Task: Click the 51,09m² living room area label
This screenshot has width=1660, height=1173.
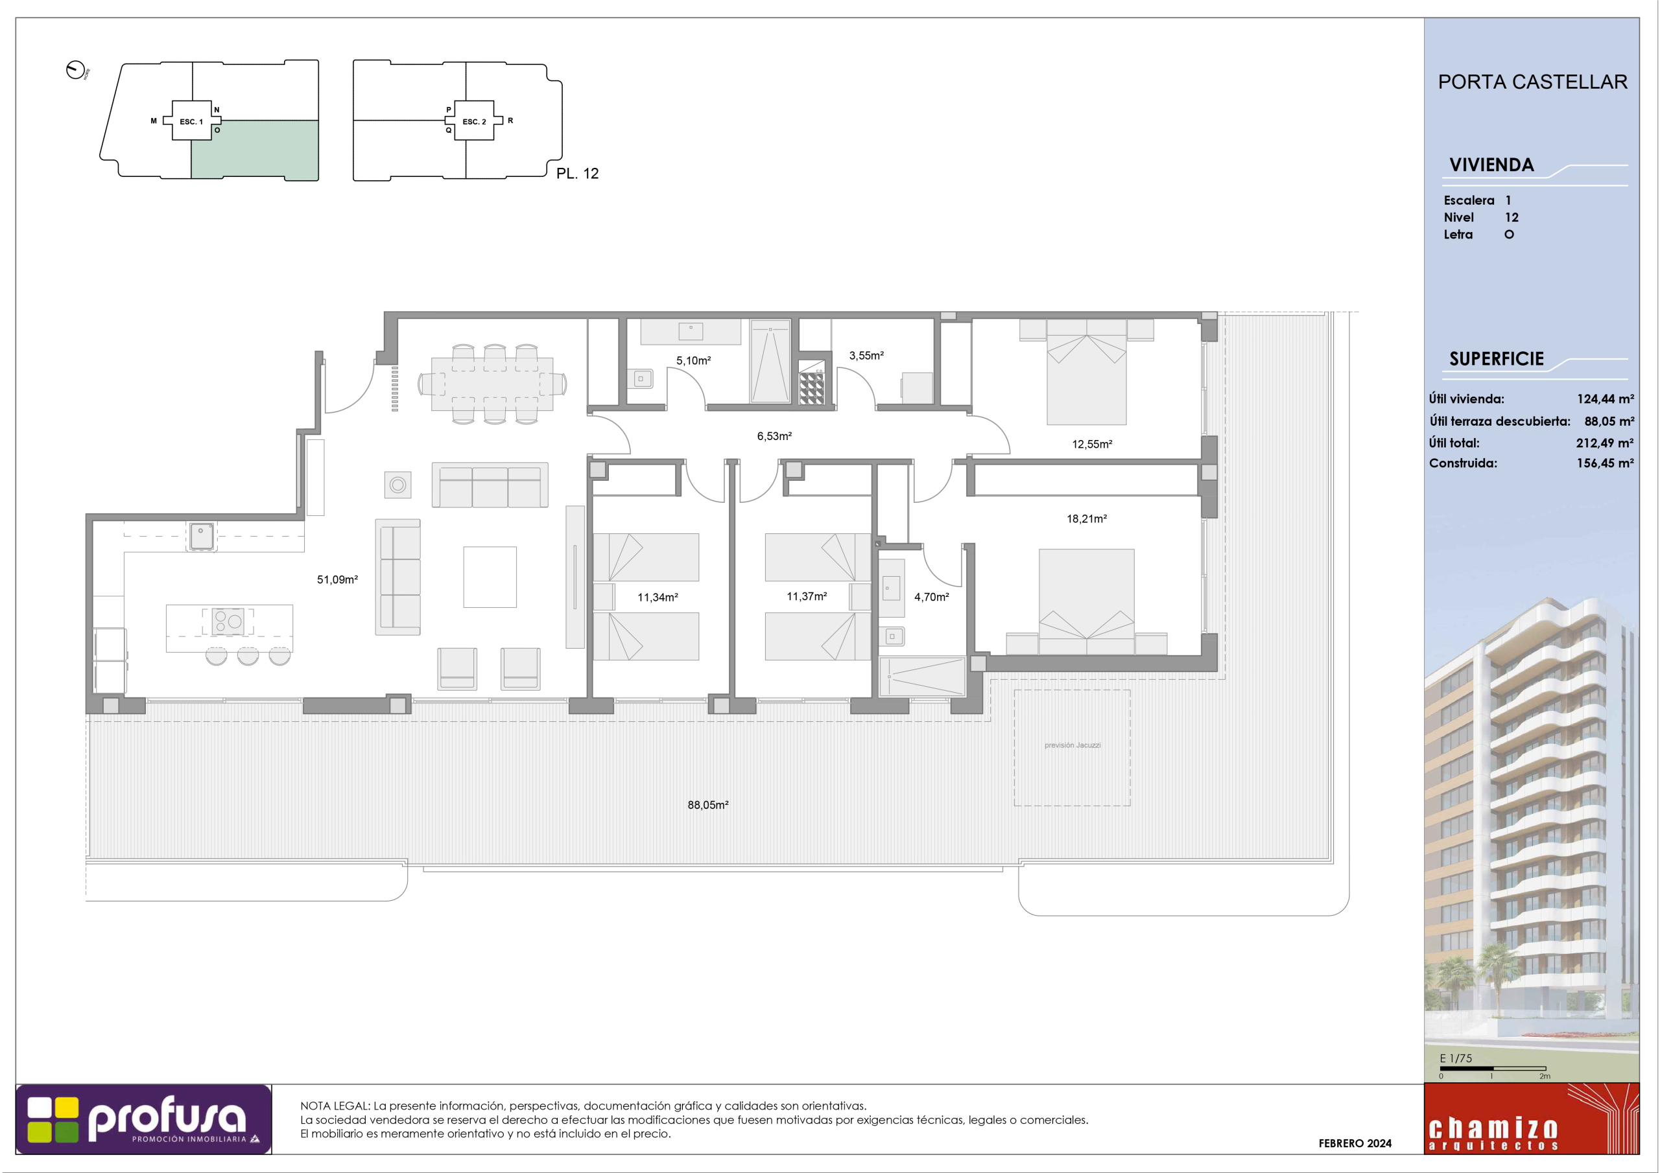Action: point(338,579)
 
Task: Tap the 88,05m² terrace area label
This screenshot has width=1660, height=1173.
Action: point(708,804)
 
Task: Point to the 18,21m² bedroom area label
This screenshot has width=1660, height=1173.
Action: point(1087,518)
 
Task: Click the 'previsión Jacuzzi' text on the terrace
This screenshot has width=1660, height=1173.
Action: point(1073,745)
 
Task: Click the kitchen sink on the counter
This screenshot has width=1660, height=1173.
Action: point(201,536)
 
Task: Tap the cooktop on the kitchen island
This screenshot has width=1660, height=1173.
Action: point(228,621)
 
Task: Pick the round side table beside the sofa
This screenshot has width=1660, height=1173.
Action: point(397,485)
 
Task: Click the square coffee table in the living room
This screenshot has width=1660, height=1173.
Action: point(490,577)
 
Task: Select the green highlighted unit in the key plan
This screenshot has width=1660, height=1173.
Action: point(254,150)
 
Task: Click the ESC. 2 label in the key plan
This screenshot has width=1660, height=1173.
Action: point(474,121)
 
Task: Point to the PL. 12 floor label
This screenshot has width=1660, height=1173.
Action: point(577,174)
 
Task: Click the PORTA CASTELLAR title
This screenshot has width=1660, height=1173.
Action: point(1532,82)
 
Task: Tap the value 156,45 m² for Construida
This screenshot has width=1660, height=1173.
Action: point(1605,463)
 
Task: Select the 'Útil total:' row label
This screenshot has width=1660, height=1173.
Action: point(1454,443)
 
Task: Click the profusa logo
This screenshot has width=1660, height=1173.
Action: point(144,1119)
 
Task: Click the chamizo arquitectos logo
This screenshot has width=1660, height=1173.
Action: point(1532,1118)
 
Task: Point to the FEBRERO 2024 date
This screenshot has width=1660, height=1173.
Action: point(1355,1143)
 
